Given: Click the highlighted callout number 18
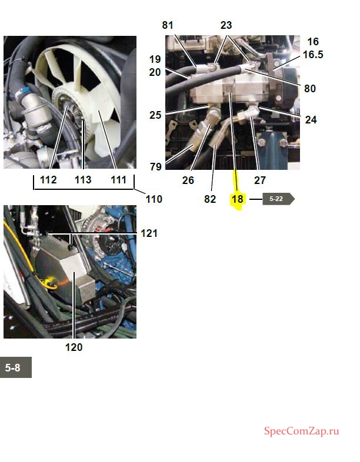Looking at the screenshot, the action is pyautogui.click(x=237, y=199).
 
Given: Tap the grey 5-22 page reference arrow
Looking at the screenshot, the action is pyautogui.click(x=278, y=199).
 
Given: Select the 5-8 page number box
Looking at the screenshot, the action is pyautogui.click(x=16, y=367).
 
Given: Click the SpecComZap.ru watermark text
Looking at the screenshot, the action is pyautogui.click(x=301, y=431).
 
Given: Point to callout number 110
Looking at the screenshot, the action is pyautogui.click(x=154, y=199).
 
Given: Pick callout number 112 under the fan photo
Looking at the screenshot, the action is pyautogui.click(x=48, y=180).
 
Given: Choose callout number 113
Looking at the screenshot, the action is pyautogui.click(x=83, y=180).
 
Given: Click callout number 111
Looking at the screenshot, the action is pyautogui.click(x=118, y=180).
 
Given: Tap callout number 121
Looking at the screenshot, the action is pyautogui.click(x=149, y=233).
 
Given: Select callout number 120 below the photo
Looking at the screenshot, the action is pyautogui.click(x=74, y=347).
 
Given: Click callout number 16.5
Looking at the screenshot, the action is pyautogui.click(x=313, y=55).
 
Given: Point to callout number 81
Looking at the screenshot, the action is pyautogui.click(x=168, y=25).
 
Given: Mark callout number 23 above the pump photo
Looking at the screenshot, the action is pyautogui.click(x=226, y=25).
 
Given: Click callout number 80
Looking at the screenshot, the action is pyautogui.click(x=310, y=88).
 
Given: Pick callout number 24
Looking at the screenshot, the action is pyautogui.click(x=311, y=120).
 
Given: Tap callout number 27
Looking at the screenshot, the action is pyautogui.click(x=260, y=180).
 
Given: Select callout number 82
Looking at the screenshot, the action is pyautogui.click(x=210, y=199).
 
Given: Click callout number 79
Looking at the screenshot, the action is pyautogui.click(x=156, y=167).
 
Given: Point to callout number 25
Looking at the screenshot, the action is pyautogui.click(x=155, y=115).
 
